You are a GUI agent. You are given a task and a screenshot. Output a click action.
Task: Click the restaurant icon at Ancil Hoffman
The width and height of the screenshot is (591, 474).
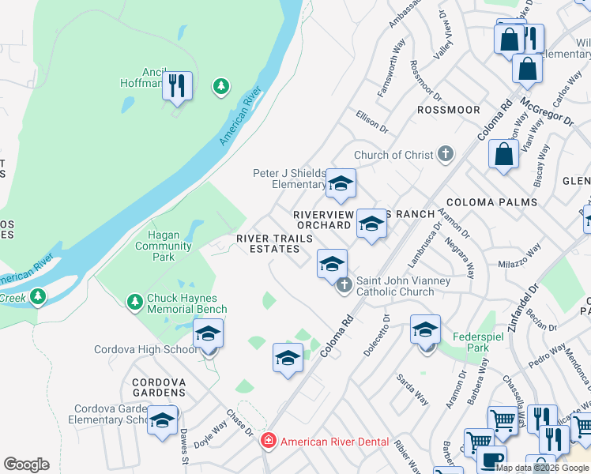pyautogui.click(x=177, y=85)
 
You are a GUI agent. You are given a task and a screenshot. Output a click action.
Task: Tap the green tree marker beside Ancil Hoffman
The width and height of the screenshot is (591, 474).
pyautogui.click(x=222, y=86)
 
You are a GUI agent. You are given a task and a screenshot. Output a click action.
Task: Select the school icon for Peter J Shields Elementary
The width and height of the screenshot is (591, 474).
pyautogui.click(x=341, y=184)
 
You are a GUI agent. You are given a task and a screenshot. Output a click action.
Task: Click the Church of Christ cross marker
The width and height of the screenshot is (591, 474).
pyautogui.click(x=446, y=154)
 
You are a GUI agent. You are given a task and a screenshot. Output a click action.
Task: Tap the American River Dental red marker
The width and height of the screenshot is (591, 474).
pyautogui.click(x=269, y=441)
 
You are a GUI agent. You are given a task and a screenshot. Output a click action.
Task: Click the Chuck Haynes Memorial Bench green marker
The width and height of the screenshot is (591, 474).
pyautogui.click(x=134, y=301)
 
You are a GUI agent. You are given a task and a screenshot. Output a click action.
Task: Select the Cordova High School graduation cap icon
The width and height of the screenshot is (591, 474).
pyautogui.click(x=209, y=333)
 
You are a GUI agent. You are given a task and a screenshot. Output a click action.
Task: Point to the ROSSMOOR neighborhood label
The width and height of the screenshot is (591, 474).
pyautogui.click(x=448, y=110)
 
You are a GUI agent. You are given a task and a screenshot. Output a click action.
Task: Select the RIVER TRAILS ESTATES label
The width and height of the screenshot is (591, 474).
pyautogui.click(x=269, y=243)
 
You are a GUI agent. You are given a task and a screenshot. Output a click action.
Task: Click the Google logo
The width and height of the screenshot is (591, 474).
pyautogui.click(x=26, y=465)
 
